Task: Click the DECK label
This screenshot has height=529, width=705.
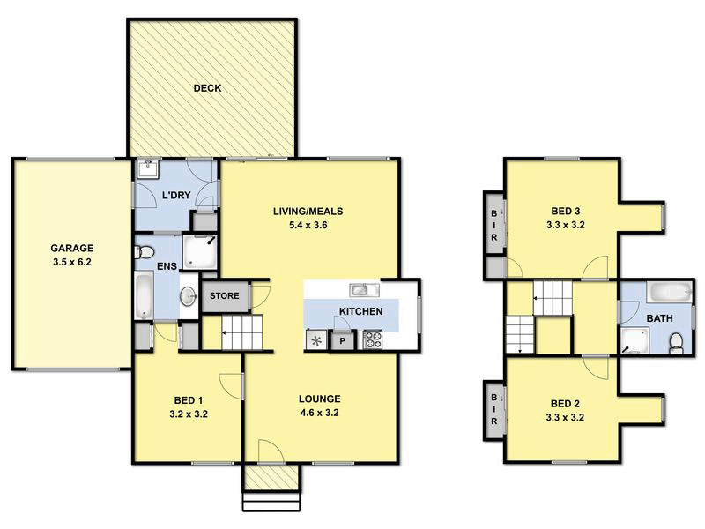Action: pyautogui.click(x=208, y=88)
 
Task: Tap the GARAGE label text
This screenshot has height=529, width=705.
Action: pyautogui.click(x=71, y=249)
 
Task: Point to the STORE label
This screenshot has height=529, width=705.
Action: pyautogui.click(x=225, y=294)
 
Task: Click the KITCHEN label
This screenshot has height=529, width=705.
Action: pyautogui.click(x=361, y=312)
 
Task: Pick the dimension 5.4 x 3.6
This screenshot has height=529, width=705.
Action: pyautogui.click(x=306, y=225)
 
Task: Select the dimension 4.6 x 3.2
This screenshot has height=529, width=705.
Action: pyautogui.click(x=319, y=412)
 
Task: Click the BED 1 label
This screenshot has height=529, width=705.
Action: pyautogui.click(x=188, y=399)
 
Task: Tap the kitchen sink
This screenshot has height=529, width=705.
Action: pyautogui.click(x=363, y=289)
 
